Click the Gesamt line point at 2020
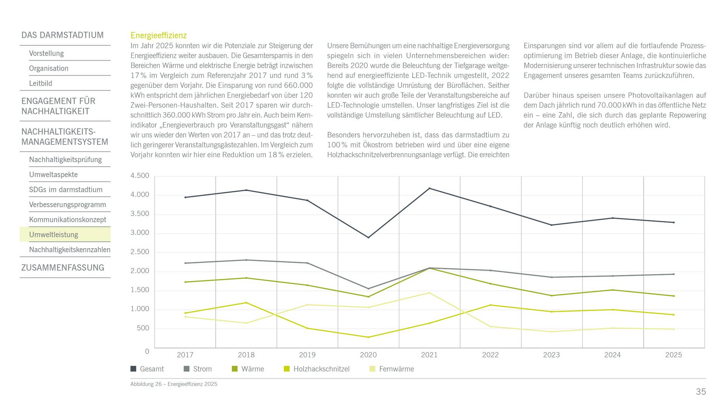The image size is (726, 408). [368, 238]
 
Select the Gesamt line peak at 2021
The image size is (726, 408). [430, 188]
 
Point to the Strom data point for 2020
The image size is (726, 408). [368, 289]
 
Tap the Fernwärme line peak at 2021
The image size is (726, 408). [430, 293]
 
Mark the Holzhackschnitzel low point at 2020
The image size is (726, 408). [368, 337]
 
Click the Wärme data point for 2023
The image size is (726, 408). [552, 295]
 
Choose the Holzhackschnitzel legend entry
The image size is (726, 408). [317, 369]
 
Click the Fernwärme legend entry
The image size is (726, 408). [392, 369]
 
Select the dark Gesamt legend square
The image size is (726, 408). [133, 369]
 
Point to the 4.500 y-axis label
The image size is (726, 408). [140, 176]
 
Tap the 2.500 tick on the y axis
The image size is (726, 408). [140, 252]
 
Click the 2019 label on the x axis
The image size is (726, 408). [307, 355]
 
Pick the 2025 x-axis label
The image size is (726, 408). [673, 355]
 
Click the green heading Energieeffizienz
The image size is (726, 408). [159, 36]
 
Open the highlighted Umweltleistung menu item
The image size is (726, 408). [54, 235]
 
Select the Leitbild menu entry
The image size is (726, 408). [40, 83]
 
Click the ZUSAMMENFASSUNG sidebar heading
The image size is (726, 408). [63, 268]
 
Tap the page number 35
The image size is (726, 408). [701, 392]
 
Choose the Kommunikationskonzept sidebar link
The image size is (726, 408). [68, 219]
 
